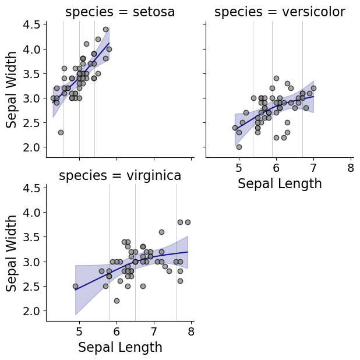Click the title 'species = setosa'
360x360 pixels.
tap(120, 12)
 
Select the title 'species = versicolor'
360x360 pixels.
tap(280, 12)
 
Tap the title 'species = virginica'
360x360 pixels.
tap(120, 175)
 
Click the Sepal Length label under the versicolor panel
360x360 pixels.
tap(280, 184)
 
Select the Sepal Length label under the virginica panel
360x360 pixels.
tap(120, 348)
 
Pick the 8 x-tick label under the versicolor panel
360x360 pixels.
tap(351, 168)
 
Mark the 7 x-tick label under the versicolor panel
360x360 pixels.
tap(313, 168)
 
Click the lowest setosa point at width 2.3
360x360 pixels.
tap(61, 132)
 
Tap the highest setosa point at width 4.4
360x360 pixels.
tap(105, 29)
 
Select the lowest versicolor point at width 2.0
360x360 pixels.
tap(239, 147)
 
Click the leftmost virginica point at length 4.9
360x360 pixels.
tap(75, 286)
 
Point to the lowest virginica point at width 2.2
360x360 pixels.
tap(117, 301)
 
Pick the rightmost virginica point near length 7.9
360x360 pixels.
tap(188, 222)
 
